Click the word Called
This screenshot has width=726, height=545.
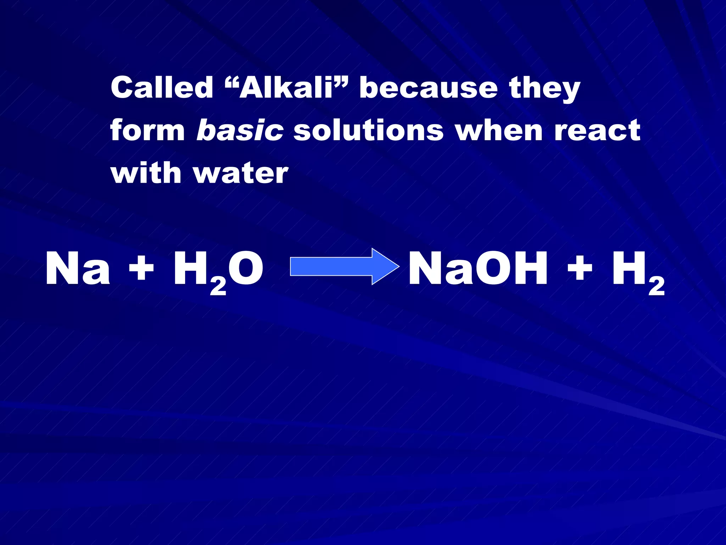pyautogui.click(x=162, y=88)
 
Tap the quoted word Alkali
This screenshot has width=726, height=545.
pyautogui.click(x=286, y=88)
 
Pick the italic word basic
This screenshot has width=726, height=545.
pyautogui.click(x=240, y=130)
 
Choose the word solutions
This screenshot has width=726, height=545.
pyautogui.click(x=369, y=130)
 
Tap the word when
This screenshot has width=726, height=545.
pyautogui.click(x=499, y=130)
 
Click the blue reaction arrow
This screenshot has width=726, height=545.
pyautogui.click(x=344, y=266)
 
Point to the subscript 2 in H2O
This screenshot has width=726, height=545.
pyautogui.click(x=218, y=286)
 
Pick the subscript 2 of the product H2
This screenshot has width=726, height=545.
pyautogui.click(x=657, y=286)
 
